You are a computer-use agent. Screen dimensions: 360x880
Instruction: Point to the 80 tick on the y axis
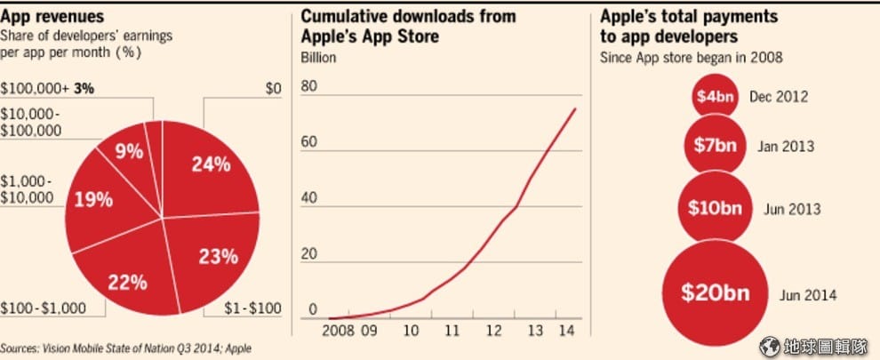[309, 87]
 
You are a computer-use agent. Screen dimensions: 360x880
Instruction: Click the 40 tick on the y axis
[309, 198]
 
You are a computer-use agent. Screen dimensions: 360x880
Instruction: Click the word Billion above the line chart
[318, 58]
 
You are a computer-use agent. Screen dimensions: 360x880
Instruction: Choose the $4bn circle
[715, 97]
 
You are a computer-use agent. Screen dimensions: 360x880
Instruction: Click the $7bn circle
[715, 145]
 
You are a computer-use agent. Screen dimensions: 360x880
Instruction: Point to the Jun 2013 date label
[791, 209]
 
